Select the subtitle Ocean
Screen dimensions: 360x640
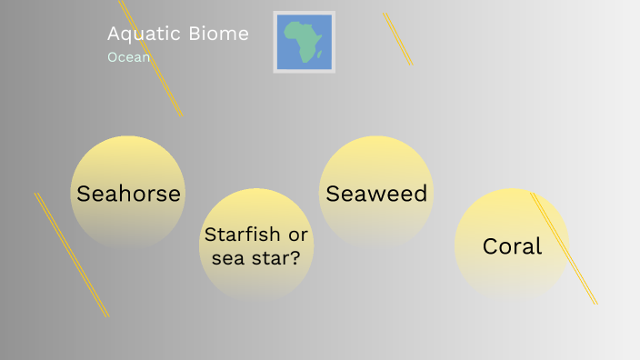[x=128, y=57]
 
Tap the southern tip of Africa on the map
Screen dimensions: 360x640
[x=305, y=62]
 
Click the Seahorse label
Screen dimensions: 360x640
[x=128, y=194]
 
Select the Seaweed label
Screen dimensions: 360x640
[x=376, y=194]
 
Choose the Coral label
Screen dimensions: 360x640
[x=512, y=246]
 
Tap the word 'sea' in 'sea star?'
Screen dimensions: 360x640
[x=229, y=258]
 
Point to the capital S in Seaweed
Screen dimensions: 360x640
[x=333, y=194]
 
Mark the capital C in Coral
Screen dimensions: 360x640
[x=491, y=246]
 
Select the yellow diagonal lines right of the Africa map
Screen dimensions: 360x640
[x=397, y=38]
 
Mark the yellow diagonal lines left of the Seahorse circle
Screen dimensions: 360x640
[x=71, y=255]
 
